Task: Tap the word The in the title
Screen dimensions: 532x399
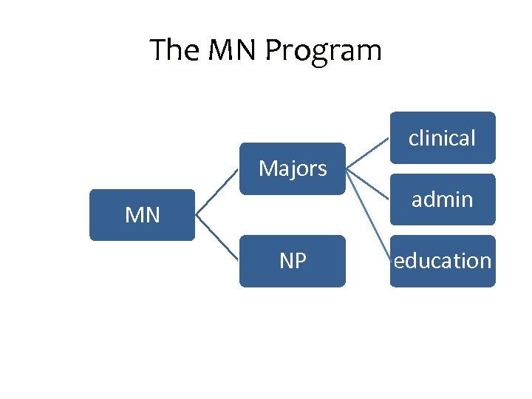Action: coord(174,50)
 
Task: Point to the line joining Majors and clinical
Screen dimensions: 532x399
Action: coord(368,153)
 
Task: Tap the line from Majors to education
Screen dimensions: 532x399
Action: coord(368,214)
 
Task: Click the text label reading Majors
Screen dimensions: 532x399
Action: coord(293,168)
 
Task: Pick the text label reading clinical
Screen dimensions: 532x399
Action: coord(443,137)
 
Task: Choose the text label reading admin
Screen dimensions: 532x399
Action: coord(443,199)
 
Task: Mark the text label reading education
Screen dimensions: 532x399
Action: coord(443,261)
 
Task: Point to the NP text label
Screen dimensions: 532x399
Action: coord(293,261)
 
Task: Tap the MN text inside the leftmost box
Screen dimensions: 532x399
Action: coord(142,215)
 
